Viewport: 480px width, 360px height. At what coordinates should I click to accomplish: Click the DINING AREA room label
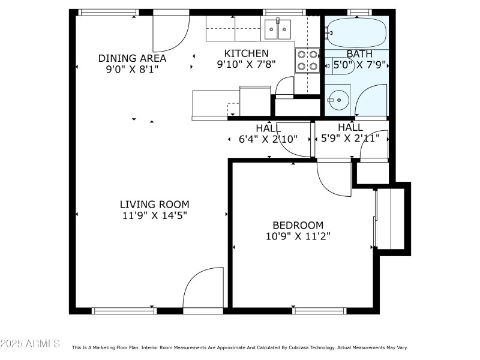(132, 58)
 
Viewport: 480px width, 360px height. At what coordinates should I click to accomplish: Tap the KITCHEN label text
(246, 53)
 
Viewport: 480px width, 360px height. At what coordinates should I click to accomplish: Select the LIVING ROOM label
(154, 204)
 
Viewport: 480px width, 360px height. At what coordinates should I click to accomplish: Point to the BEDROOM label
(298, 225)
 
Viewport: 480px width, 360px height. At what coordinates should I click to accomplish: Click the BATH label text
(359, 53)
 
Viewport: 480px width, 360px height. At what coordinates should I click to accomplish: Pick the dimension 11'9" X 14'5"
(154, 215)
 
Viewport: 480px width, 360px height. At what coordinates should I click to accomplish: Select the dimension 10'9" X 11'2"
(298, 236)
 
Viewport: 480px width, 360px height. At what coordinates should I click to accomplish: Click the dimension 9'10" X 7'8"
(246, 65)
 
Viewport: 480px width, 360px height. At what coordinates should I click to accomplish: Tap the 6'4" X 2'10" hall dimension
(268, 139)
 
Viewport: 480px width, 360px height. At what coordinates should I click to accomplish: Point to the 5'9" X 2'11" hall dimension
(350, 139)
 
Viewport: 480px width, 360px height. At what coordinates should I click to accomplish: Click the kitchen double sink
(278, 28)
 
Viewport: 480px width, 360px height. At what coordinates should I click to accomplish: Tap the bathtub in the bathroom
(356, 33)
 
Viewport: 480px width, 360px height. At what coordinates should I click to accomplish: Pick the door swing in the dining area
(169, 33)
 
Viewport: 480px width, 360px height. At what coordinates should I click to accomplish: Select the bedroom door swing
(333, 178)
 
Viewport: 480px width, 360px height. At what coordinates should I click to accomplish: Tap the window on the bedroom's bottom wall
(319, 310)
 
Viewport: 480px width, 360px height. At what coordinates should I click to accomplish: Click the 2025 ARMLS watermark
(30, 344)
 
